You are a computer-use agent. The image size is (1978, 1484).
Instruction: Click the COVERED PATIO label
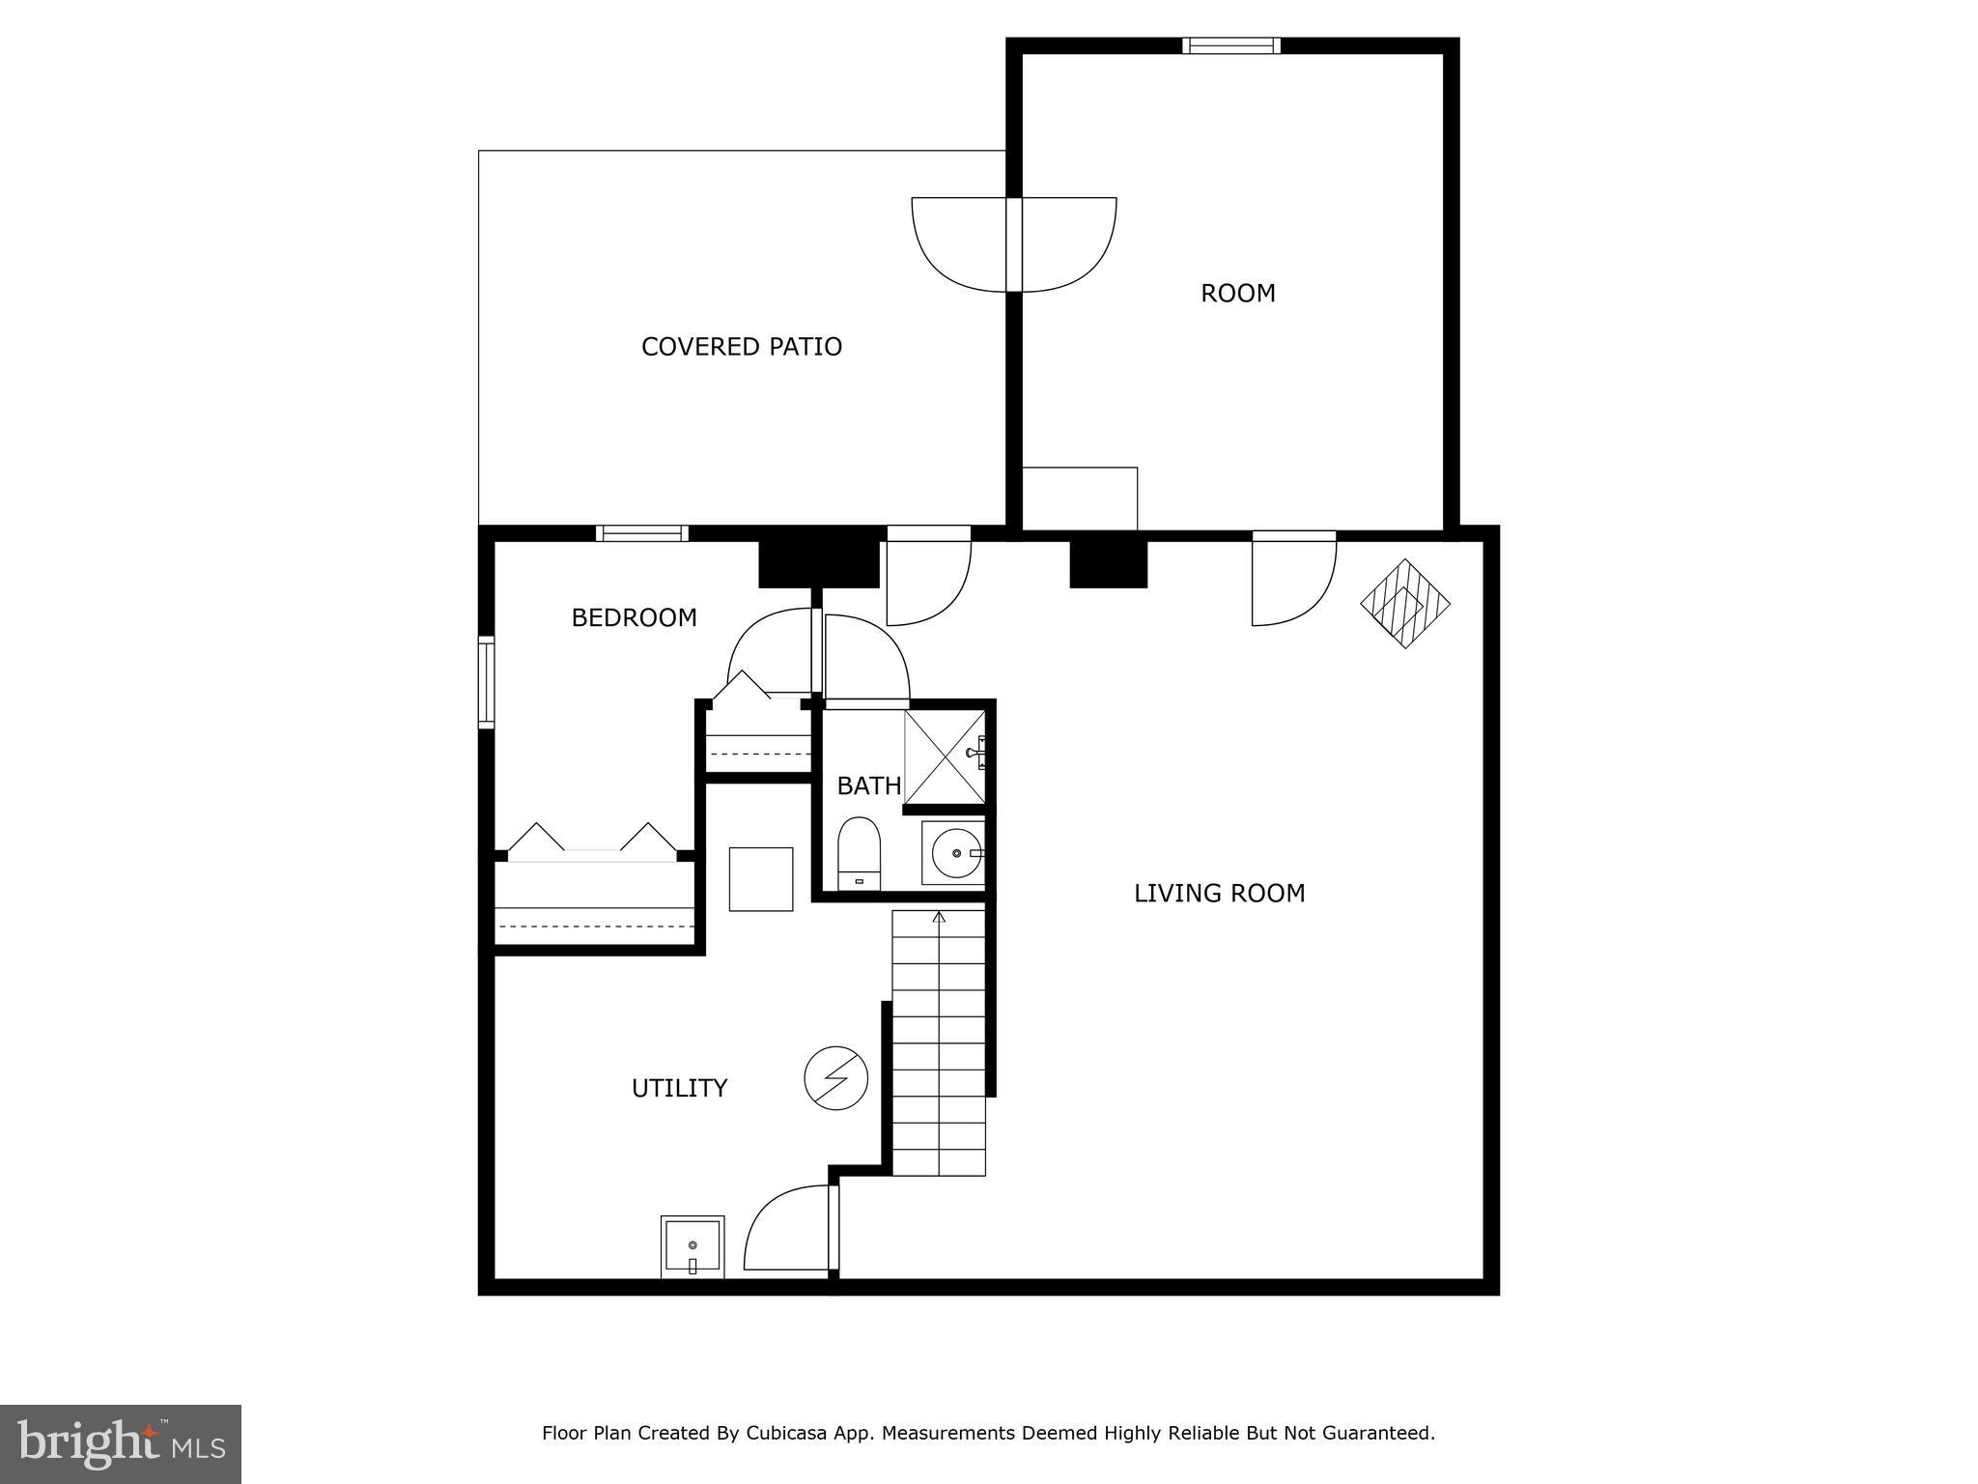(741, 347)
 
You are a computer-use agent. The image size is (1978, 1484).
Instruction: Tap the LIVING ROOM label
(1219, 894)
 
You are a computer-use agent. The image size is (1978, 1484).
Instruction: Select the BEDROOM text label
(634, 618)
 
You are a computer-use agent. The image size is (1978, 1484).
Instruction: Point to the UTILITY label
(679, 1089)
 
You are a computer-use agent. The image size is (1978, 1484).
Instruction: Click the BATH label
(868, 786)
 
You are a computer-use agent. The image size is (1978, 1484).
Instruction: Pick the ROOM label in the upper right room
(1237, 294)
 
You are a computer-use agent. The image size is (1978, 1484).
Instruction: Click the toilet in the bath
(859, 854)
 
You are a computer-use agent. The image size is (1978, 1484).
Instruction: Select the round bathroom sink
(954, 853)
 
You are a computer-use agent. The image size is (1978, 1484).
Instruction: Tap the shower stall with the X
(945, 756)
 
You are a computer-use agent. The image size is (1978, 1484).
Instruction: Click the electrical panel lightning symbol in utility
(835, 1078)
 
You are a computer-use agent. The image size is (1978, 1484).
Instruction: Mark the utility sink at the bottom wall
(692, 1247)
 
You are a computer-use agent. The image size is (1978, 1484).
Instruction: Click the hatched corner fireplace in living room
(1405, 604)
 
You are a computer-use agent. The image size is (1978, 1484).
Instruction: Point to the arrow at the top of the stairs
(939, 917)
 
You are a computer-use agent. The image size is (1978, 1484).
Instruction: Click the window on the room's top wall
(1231, 45)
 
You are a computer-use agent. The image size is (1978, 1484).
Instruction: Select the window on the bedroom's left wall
(487, 682)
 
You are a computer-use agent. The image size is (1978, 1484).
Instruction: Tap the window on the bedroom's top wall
(641, 533)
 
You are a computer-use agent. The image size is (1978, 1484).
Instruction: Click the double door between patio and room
(1014, 244)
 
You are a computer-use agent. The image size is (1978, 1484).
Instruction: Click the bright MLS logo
(121, 1443)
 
